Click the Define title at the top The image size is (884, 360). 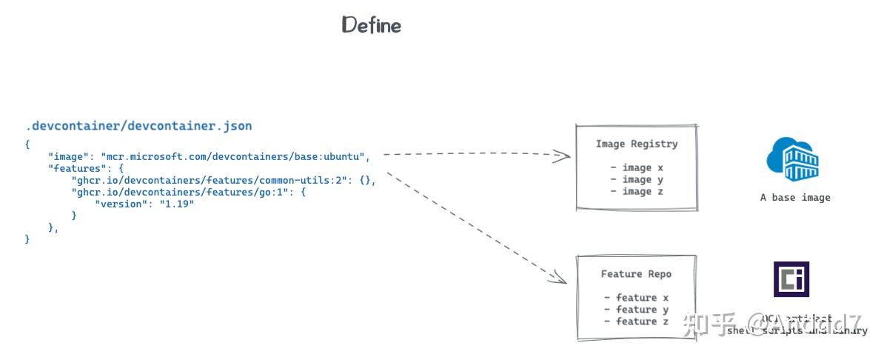coord(371,25)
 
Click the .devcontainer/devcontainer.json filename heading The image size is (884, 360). coord(138,126)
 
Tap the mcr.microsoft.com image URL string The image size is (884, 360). coord(234,156)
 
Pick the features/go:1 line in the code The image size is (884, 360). coord(187,192)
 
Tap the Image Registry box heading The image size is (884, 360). coord(636,144)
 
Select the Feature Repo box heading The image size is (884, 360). coord(636,274)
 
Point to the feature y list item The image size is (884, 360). coord(636,310)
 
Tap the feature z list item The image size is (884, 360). coord(636,321)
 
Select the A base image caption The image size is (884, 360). coord(795,198)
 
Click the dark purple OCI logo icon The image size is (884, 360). coord(791,279)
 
